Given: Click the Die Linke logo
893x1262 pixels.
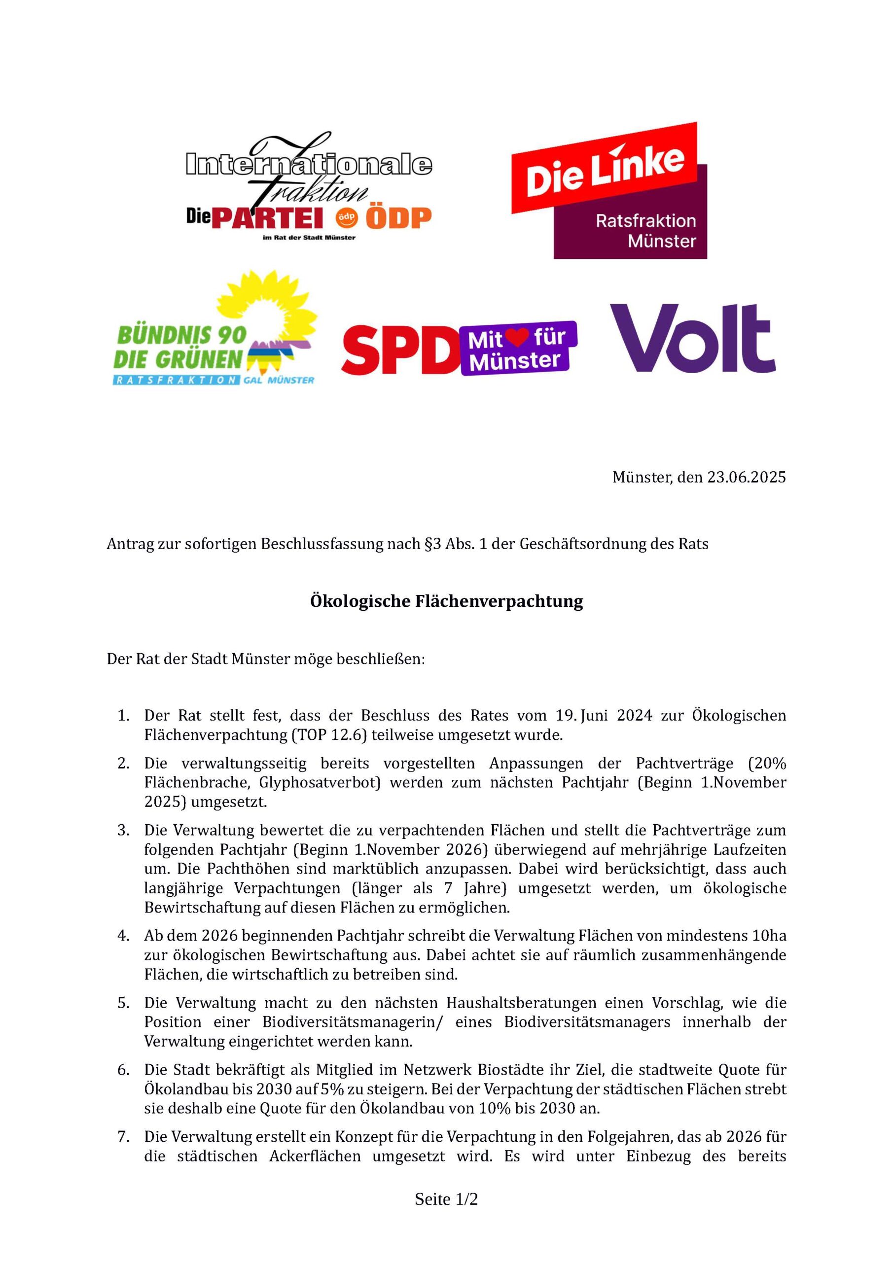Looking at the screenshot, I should pos(608,190).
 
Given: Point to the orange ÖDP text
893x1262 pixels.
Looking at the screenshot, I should pos(398,218).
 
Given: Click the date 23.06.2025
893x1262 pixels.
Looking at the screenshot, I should pos(746,477).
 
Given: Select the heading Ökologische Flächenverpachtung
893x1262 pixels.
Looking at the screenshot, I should pos(447,601).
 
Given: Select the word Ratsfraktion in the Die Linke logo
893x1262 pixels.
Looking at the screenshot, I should pos(645,221).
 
